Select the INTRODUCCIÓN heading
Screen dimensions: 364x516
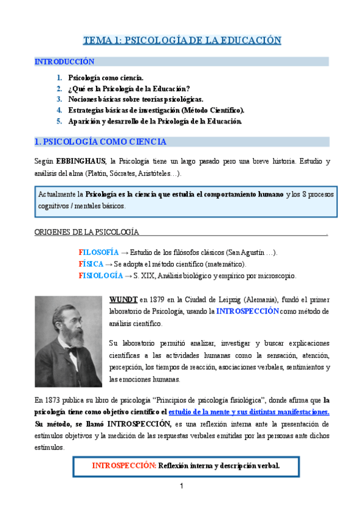click(x=64, y=62)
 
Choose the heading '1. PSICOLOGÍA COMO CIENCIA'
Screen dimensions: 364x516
click(x=100, y=142)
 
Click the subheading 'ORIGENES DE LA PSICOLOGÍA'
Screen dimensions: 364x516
click(x=86, y=232)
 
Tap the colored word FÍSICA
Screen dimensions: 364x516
click(x=91, y=264)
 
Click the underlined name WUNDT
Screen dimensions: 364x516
click(x=123, y=299)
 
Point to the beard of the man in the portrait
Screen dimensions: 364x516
click(x=68, y=359)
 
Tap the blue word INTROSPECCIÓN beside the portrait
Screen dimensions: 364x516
click(x=247, y=311)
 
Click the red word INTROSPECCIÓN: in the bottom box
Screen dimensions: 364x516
click(x=124, y=465)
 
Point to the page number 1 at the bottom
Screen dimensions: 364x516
click(x=181, y=487)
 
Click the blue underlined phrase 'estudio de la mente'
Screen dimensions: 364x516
click(x=205, y=412)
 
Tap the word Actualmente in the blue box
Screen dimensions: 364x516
click(x=60, y=194)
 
